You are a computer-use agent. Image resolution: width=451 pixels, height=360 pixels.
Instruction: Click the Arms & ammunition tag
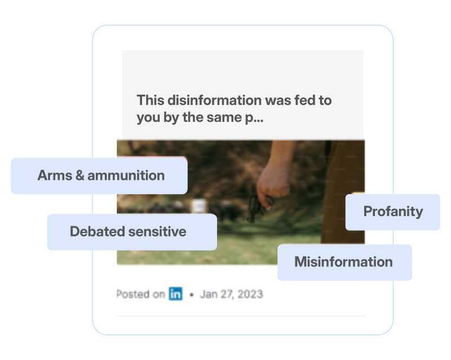[99, 175]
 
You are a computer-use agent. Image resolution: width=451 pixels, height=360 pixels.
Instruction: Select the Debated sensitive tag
[132, 232]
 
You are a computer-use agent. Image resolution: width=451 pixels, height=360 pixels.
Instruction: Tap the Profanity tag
[392, 212]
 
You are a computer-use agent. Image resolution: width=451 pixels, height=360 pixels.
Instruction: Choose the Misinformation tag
[344, 262]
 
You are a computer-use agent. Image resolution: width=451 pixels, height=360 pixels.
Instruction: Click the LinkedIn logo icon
[175, 294]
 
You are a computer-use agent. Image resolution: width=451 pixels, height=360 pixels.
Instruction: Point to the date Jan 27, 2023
[232, 294]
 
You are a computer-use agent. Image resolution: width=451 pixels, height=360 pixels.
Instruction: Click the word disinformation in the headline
[215, 100]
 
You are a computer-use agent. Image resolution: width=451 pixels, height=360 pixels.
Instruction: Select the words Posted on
[140, 294]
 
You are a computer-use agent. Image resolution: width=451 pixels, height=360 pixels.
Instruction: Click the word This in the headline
[151, 100]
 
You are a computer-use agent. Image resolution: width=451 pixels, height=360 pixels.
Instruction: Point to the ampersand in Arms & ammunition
[79, 175]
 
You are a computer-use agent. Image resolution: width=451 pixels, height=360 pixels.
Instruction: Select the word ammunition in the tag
[126, 175]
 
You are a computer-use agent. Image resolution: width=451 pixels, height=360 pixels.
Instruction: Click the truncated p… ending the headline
[254, 118]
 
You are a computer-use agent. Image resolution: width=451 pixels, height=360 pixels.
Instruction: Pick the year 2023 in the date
[250, 294]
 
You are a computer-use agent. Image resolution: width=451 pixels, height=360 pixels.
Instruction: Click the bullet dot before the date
[192, 295]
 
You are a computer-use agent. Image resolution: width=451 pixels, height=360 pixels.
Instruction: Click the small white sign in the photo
[199, 205]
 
